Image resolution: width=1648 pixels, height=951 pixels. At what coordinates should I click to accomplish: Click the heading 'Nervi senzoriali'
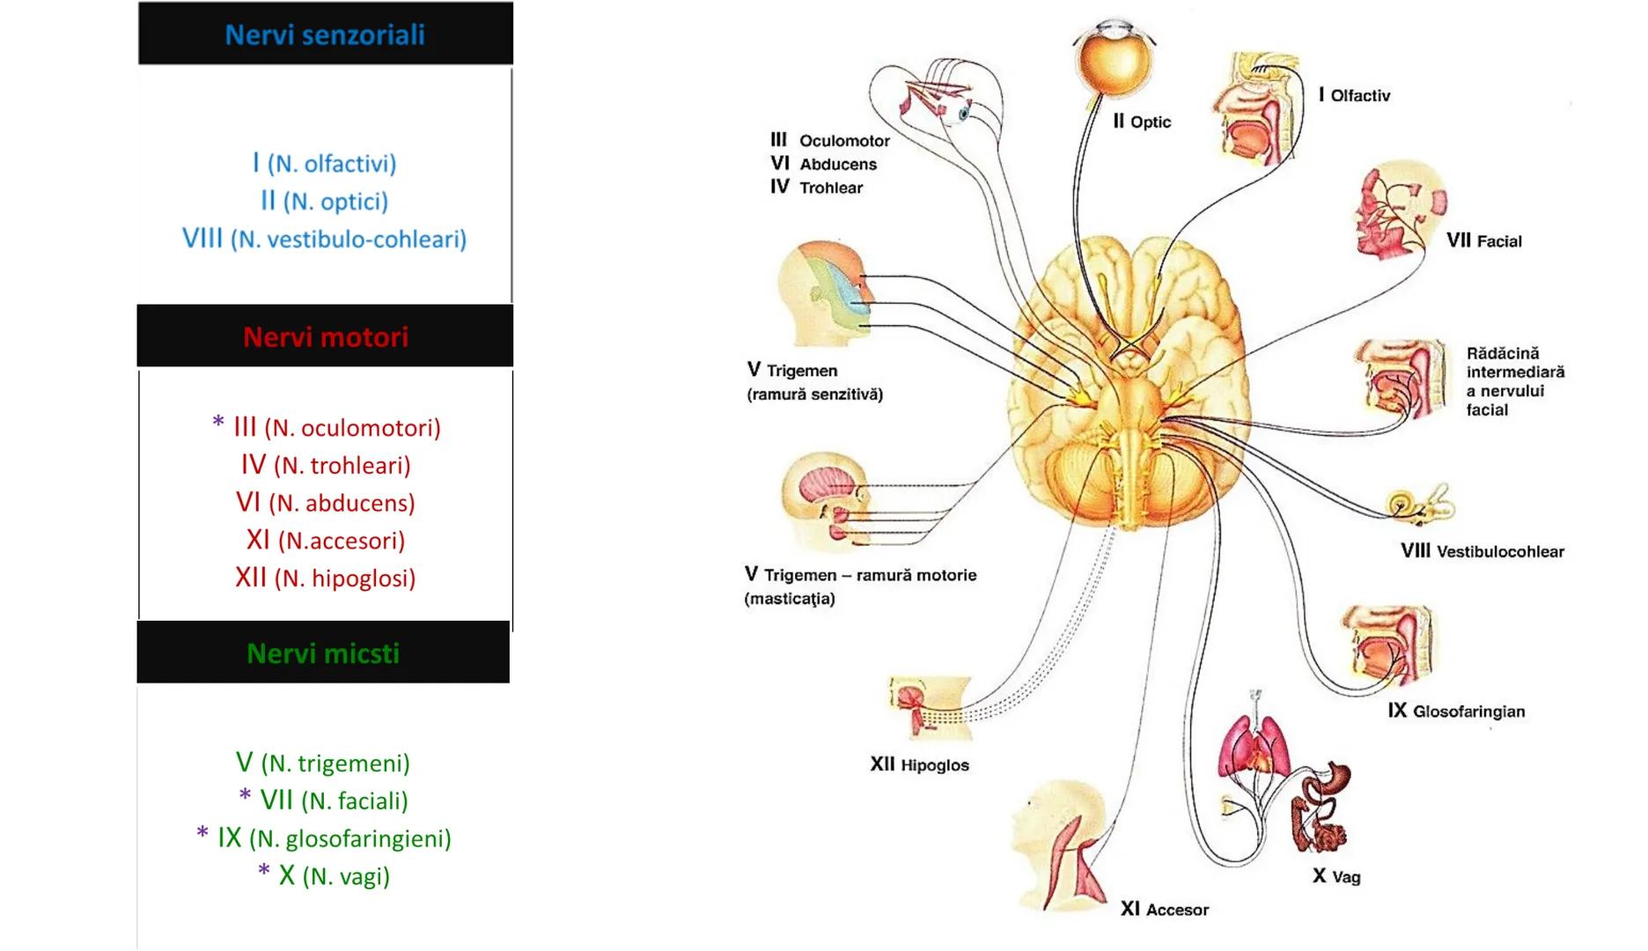coord(325,34)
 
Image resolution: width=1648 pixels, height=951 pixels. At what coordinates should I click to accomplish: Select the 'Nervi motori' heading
coord(326,336)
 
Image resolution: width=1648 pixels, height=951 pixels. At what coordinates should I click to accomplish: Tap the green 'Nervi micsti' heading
coord(323,653)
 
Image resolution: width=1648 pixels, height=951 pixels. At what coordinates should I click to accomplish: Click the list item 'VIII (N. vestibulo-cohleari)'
coord(324,239)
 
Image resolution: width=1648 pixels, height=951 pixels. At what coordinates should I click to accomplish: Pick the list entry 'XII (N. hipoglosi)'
coord(325,578)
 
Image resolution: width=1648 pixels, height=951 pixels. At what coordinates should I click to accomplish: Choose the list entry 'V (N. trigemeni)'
coord(323,763)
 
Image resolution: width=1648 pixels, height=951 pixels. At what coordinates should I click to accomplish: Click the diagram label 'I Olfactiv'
coord(1354,95)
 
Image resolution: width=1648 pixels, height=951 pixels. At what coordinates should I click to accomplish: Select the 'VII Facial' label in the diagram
coord(1483,240)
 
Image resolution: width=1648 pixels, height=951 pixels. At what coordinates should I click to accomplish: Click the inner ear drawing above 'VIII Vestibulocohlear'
coord(1420,505)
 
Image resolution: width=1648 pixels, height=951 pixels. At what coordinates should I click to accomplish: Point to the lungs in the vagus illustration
coord(1255,744)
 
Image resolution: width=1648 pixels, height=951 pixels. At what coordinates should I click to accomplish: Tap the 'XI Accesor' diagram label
coord(1164,910)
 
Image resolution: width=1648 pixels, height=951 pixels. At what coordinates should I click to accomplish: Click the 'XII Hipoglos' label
coord(919,764)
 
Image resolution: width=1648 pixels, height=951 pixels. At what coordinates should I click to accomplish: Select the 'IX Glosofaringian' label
coord(1456,711)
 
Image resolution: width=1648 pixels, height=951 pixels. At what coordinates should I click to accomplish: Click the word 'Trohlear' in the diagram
coord(831,188)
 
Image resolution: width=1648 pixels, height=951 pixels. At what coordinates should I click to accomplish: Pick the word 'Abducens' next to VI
coord(838,164)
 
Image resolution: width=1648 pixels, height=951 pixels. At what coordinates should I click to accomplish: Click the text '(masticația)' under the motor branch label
coord(790,599)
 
